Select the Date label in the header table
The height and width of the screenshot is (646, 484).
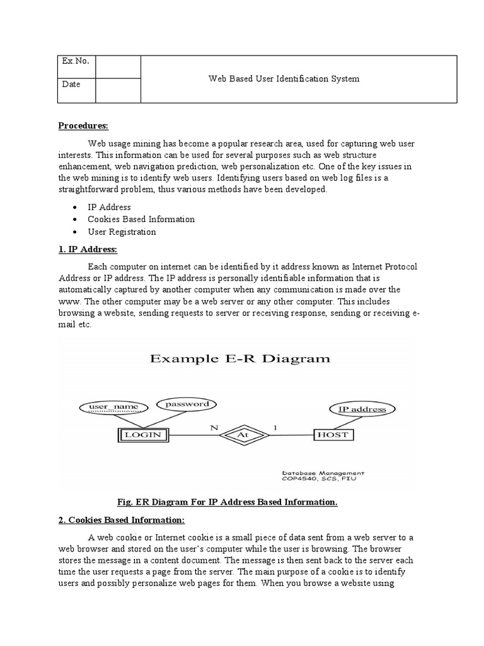coord(71,85)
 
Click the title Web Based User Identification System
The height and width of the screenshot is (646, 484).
coord(284,79)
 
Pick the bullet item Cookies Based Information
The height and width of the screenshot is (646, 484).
coord(141,220)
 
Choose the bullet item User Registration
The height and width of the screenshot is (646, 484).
coord(122,232)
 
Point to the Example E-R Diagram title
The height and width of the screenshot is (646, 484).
coord(239,359)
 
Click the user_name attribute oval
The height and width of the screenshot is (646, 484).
coord(113,407)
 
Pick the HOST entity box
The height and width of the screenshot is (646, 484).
coord(334,435)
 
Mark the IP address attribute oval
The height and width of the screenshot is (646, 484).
coord(362,409)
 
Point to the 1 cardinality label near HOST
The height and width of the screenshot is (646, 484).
coord(274,427)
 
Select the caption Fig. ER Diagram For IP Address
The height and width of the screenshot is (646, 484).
coord(228,502)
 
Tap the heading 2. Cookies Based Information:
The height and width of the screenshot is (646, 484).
coord(122,520)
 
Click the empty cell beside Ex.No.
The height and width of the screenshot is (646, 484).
coord(118,67)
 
